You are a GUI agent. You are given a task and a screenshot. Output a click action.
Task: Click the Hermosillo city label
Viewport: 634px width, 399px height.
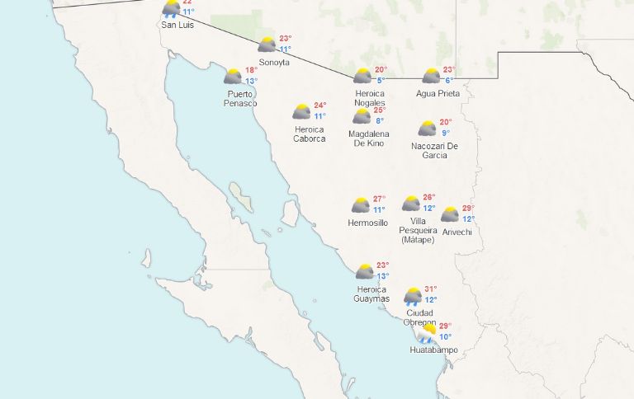[368, 223]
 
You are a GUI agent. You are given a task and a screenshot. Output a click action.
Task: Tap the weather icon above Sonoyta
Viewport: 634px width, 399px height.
[267, 45]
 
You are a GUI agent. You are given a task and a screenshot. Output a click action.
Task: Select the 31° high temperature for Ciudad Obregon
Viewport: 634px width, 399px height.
[430, 289]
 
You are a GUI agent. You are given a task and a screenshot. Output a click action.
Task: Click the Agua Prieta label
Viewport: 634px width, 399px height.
[438, 94]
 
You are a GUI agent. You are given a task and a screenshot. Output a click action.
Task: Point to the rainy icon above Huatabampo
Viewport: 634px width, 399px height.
[426, 333]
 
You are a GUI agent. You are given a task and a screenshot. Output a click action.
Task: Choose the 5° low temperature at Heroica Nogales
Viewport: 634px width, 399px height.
[381, 80]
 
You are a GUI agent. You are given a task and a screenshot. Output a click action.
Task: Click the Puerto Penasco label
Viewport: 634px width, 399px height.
[241, 99]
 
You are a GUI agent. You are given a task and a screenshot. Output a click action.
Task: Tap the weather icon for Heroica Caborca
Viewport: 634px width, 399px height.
[301, 111]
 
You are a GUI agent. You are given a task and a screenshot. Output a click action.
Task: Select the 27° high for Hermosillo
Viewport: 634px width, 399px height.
[379, 199]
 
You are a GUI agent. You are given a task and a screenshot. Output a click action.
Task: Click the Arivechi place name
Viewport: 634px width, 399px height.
[456, 232]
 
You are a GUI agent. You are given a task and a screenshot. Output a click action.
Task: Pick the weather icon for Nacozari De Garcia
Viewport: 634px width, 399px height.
[427, 129]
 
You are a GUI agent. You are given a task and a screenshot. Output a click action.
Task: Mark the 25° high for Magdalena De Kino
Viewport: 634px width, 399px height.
[380, 110]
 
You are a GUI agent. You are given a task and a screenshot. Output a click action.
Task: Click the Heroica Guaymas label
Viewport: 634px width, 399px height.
[371, 294]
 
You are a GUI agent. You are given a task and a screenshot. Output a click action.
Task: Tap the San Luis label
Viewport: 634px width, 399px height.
[177, 26]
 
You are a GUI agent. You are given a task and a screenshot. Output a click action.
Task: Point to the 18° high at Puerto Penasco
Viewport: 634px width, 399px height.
[251, 70]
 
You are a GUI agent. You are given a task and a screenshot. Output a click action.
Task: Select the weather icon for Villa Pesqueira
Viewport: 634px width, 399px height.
[411, 204]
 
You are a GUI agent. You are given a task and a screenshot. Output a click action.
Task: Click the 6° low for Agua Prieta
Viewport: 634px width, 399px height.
[449, 80]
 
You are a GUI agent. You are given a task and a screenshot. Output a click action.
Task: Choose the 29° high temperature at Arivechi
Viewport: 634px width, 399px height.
[468, 208]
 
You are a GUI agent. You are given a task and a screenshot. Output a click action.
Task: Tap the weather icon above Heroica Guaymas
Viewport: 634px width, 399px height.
[364, 271]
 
